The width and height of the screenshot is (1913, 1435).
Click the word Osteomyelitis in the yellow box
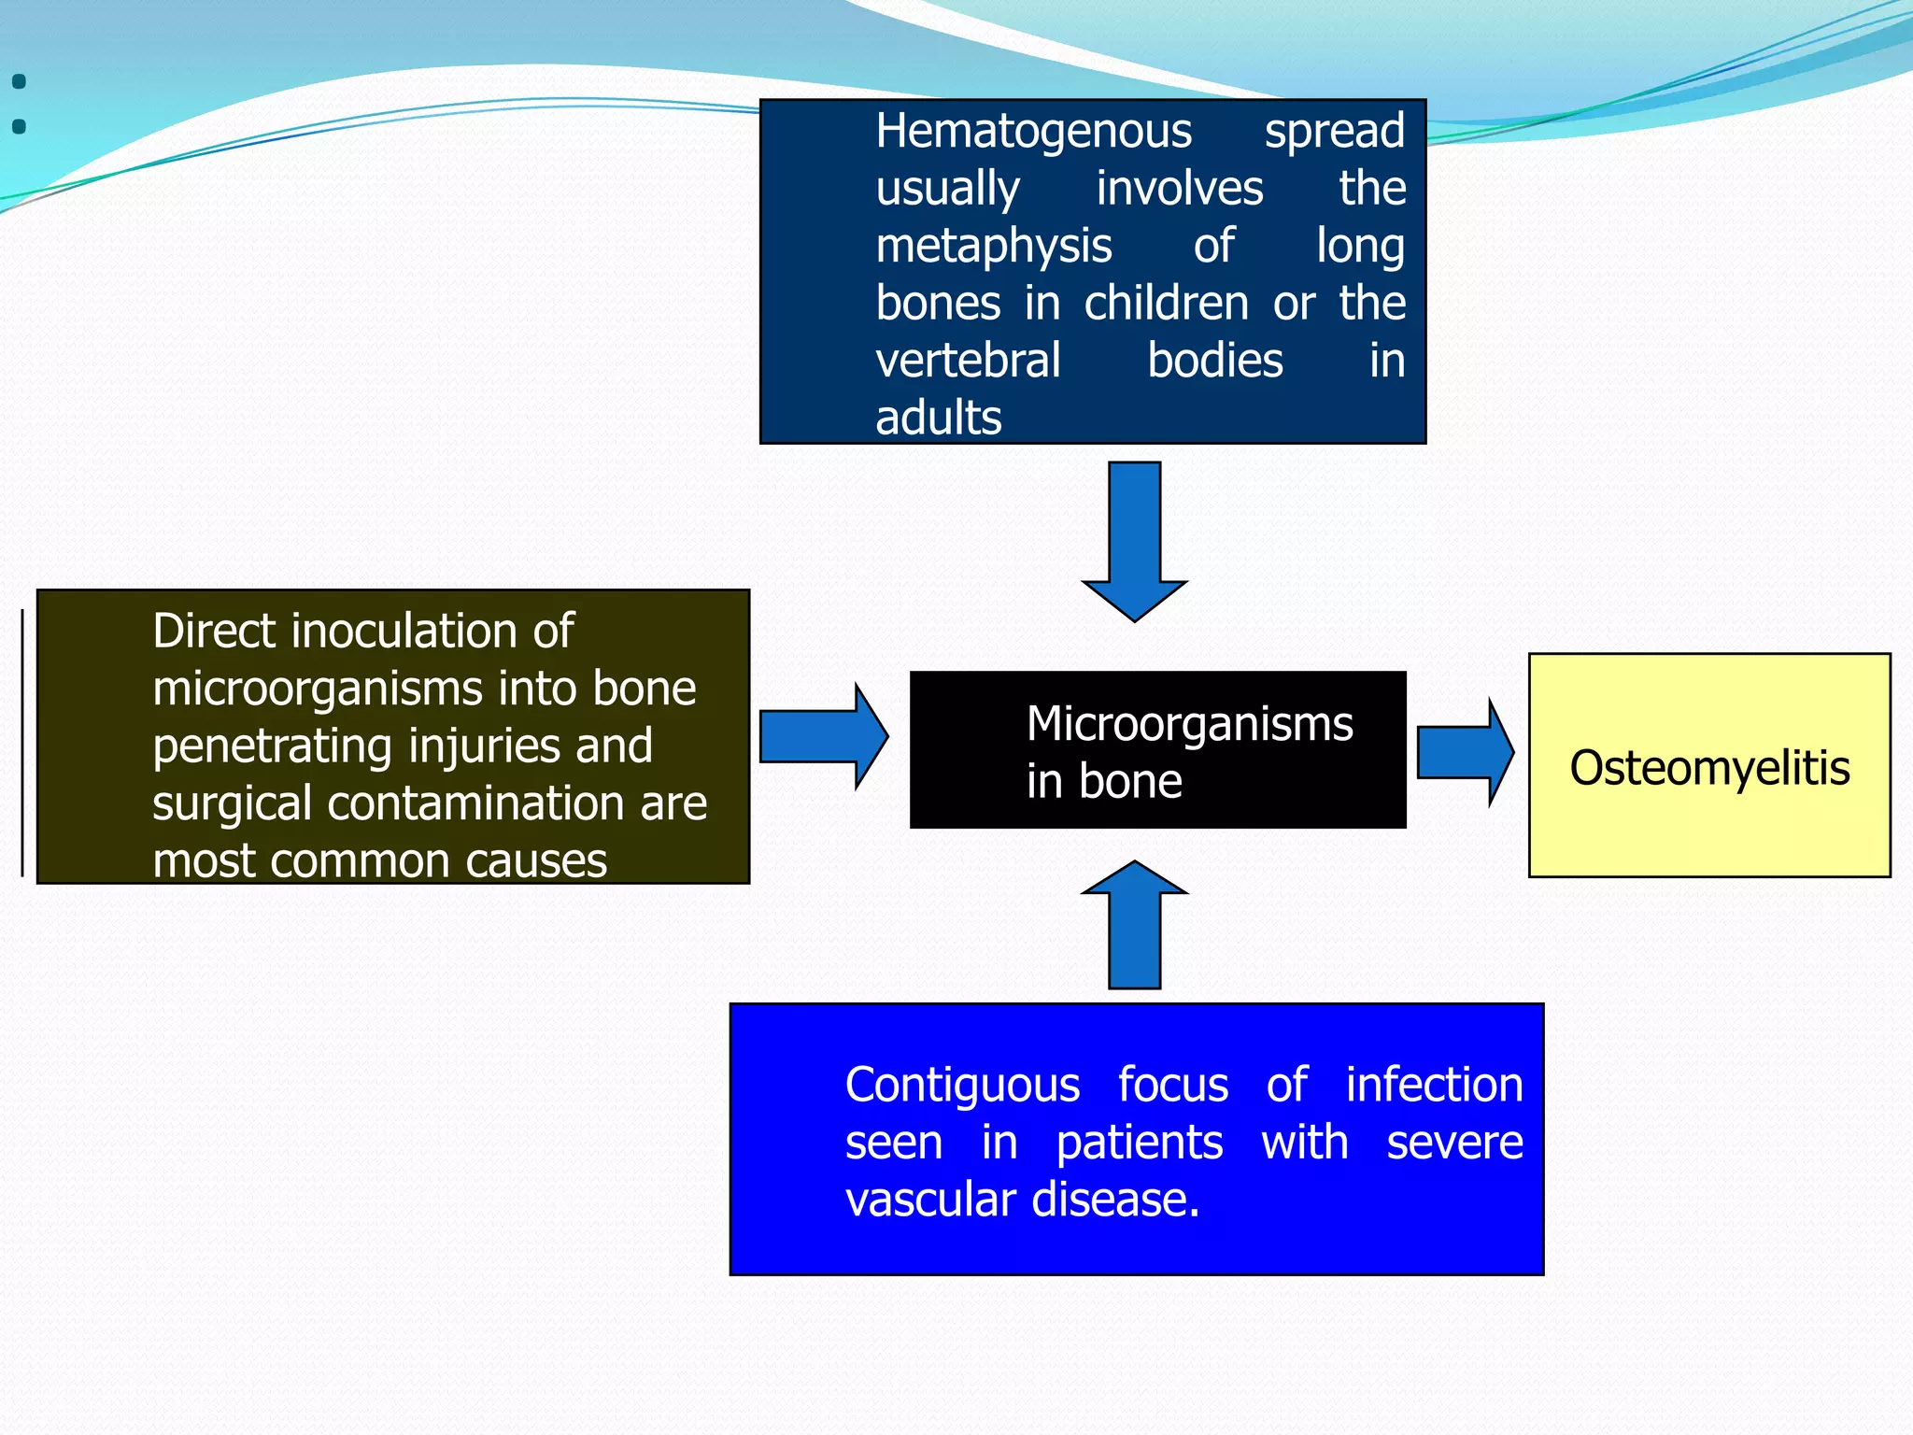click(x=1709, y=768)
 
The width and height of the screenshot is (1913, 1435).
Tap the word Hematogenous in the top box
click(x=1033, y=132)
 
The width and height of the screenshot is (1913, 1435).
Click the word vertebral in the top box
click(x=968, y=361)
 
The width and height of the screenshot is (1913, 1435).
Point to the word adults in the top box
click(x=938, y=418)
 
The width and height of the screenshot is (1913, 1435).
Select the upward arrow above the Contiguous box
click(x=1134, y=925)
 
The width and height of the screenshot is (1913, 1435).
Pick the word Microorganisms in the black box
click(x=1189, y=724)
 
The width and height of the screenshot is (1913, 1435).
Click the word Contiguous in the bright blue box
click(x=962, y=1087)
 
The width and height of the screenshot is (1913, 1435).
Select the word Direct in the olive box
click(x=214, y=632)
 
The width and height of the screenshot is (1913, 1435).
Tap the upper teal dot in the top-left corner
click(x=19, y=82)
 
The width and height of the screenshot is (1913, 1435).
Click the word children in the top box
click(x=1166, y=304)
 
